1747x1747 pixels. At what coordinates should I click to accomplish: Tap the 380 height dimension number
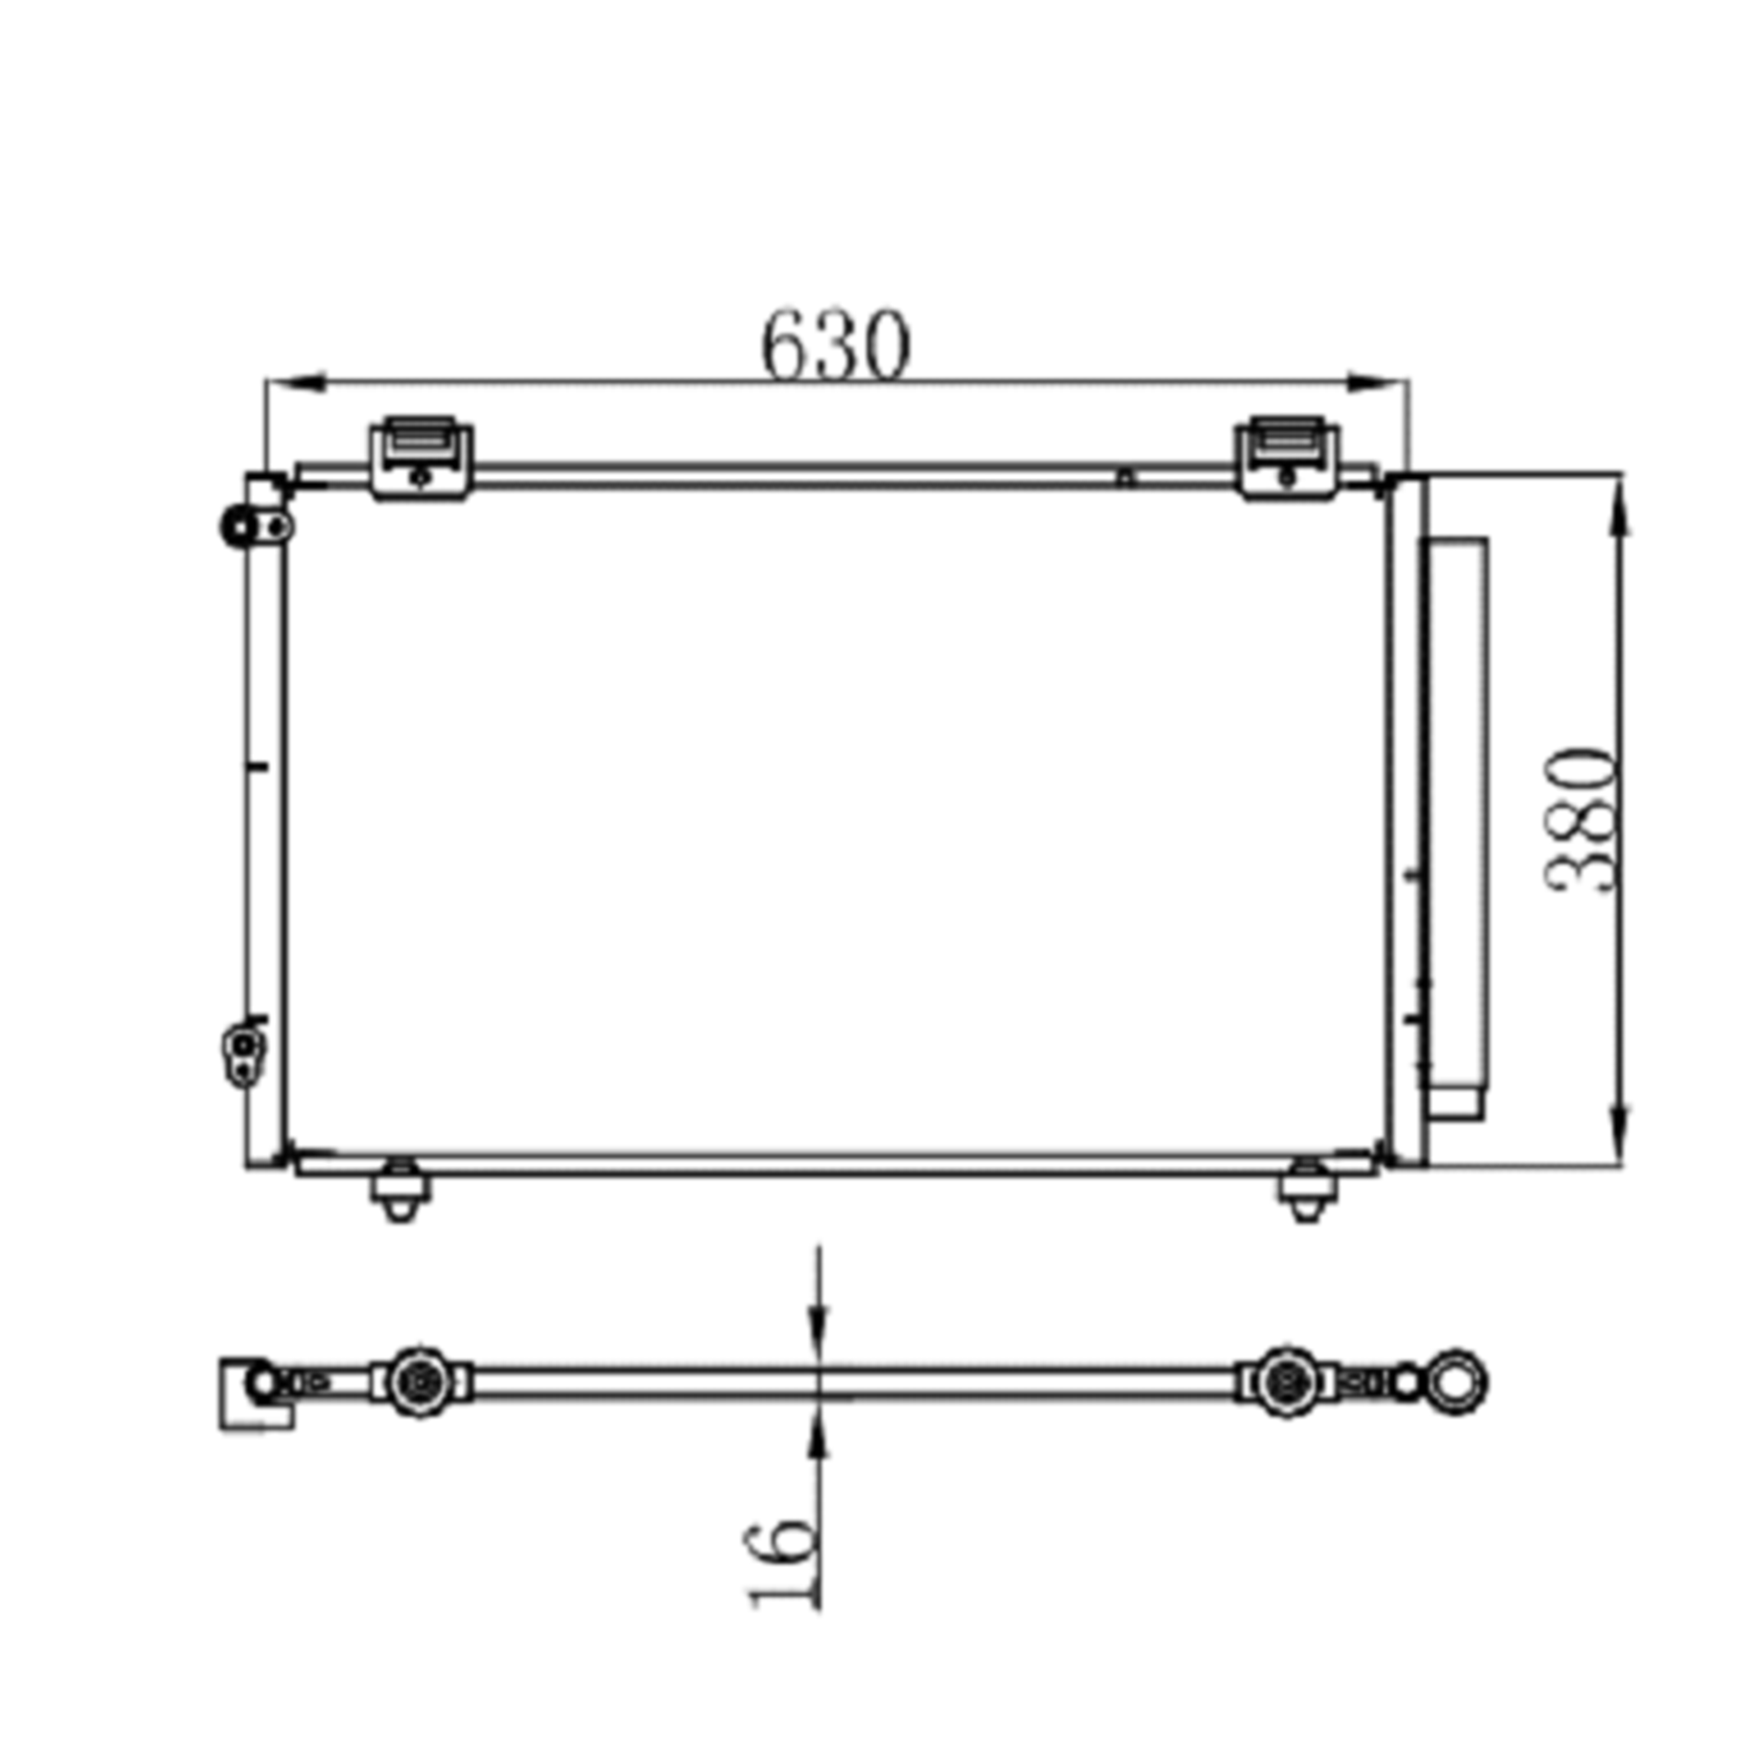[x=1581, y=819]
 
